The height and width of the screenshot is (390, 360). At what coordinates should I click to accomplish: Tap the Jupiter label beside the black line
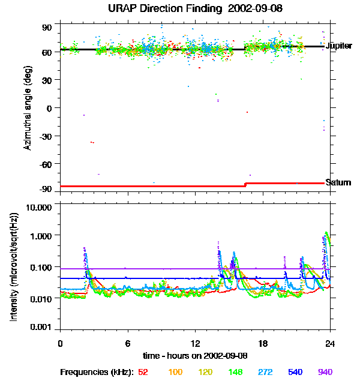click(338, 46)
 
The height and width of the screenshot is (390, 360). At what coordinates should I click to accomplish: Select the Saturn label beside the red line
click(338, 182)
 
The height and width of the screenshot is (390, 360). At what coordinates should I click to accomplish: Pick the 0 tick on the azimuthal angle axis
click(50, 108)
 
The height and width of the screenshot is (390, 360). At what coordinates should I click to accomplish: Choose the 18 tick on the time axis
click(262, 343)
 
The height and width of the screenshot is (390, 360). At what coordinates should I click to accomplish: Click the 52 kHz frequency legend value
click(143, 373)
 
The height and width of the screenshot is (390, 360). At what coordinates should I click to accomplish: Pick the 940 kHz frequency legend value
click(325, 373)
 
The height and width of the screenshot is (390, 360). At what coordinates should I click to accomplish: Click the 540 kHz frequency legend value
click(295, 373)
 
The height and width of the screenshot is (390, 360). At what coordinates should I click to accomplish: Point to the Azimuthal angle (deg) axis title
click(27, 108)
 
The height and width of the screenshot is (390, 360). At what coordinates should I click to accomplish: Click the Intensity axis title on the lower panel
click(13, 267)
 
